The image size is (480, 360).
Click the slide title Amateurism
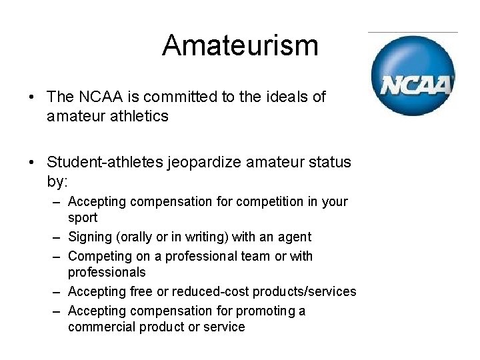(240, 45)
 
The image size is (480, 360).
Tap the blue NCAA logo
(413, 75)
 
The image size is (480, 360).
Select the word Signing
(91, 237)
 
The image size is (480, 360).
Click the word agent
(296, 237)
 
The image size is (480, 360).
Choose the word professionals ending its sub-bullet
(107, 272)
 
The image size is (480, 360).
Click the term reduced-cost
(211, 291)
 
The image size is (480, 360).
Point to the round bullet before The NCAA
(31, 97)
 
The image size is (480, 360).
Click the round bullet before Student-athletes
(31, 163)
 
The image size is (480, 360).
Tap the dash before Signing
(58, 237)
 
